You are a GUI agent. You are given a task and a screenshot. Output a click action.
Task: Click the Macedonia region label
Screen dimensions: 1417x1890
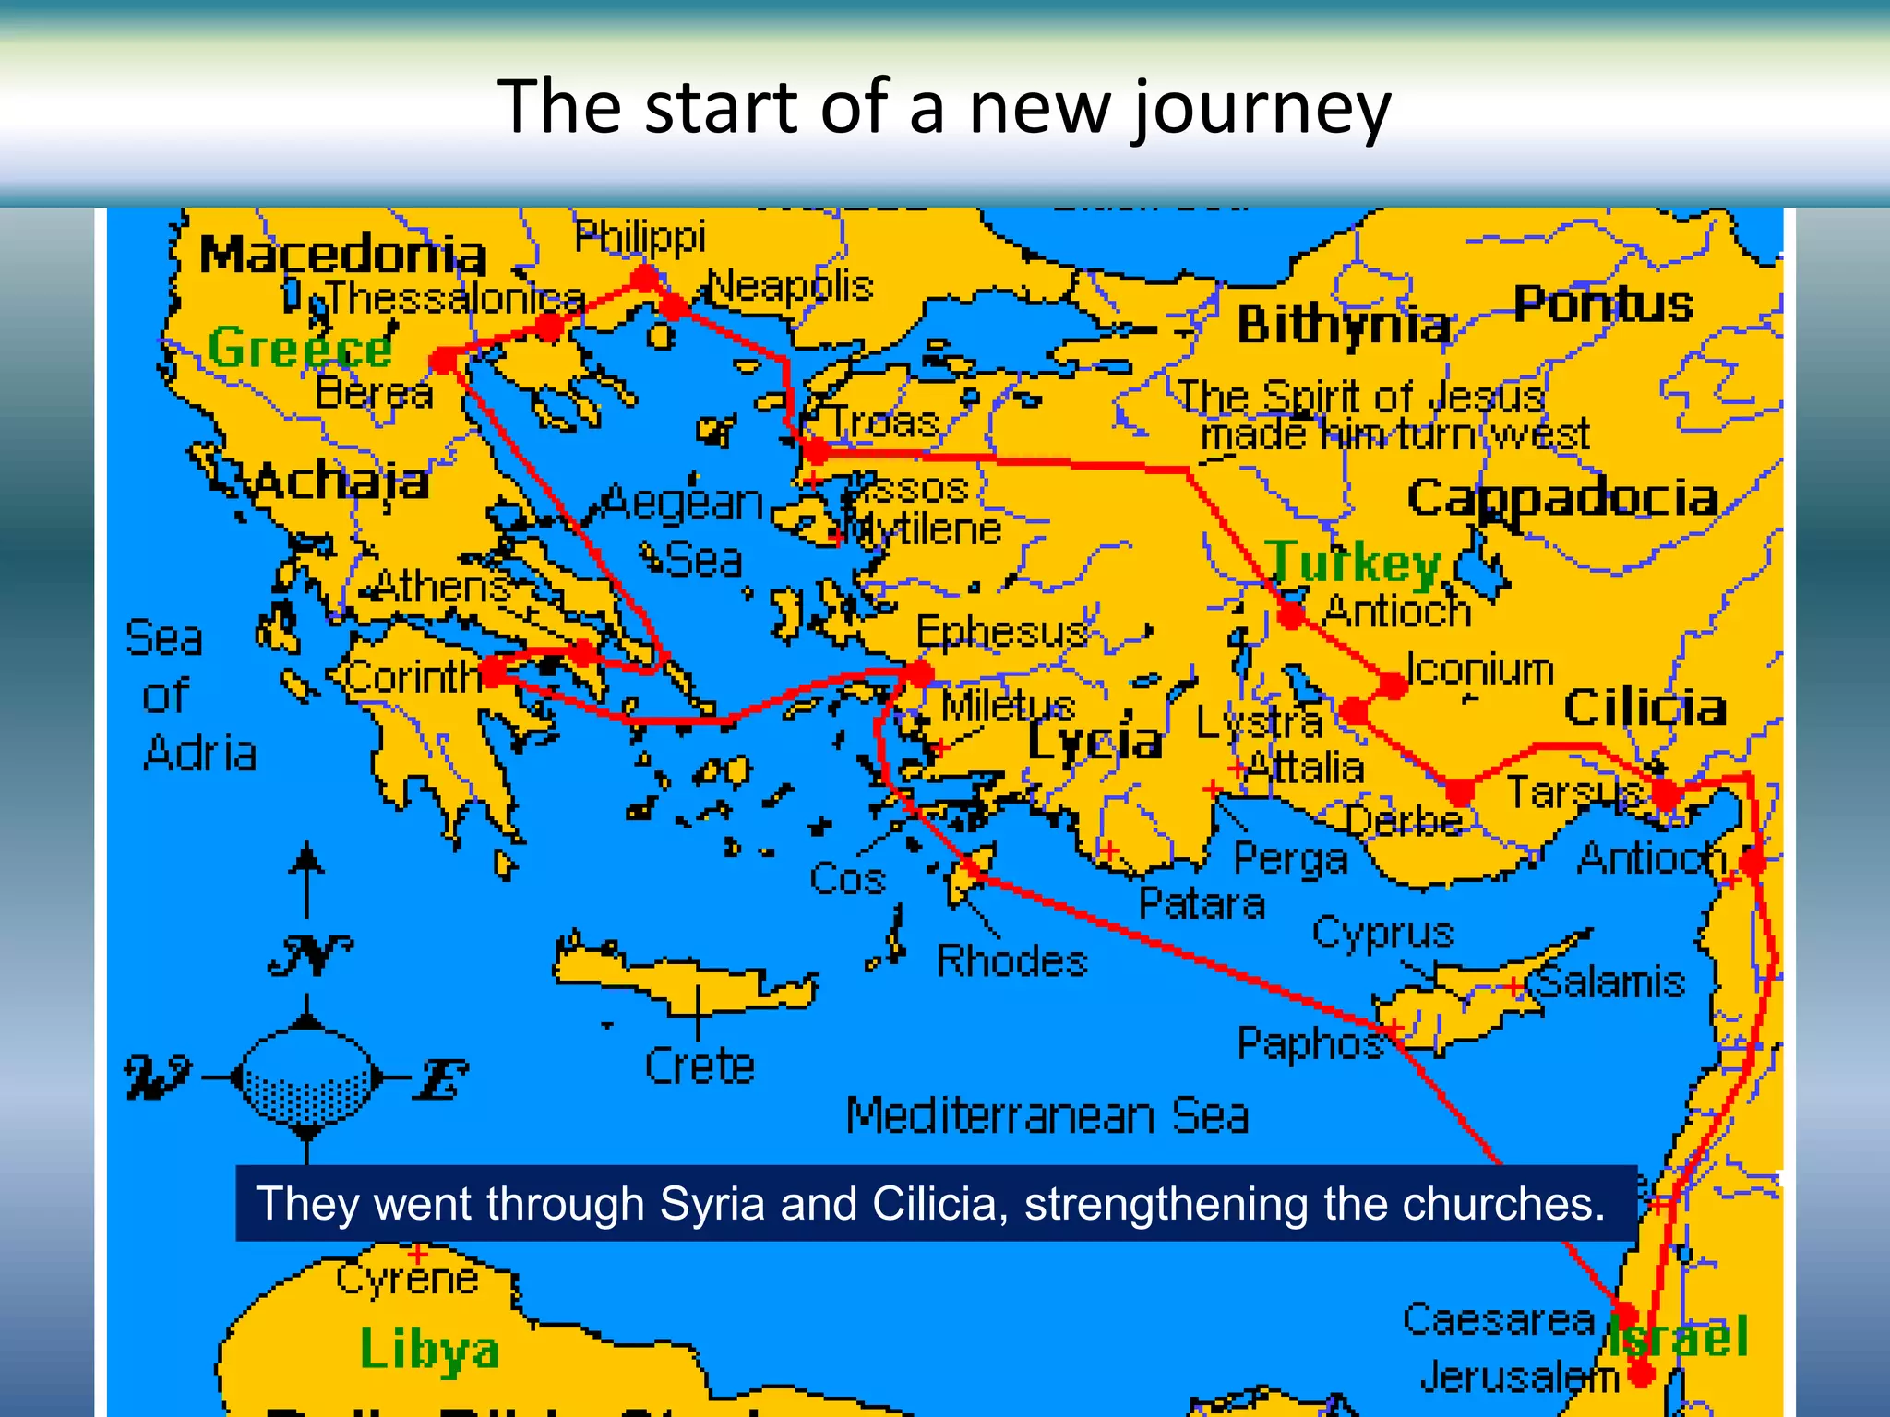tap(342, 255)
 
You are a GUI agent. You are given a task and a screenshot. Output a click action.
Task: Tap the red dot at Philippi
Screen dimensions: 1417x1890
tap(645, 276)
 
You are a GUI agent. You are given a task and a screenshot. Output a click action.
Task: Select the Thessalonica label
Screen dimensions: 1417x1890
tap(456, 298)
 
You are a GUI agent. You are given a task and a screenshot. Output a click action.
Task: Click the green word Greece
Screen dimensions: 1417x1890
tap(301, 349)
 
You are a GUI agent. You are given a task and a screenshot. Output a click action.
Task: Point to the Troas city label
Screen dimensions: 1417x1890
tap(884, 423)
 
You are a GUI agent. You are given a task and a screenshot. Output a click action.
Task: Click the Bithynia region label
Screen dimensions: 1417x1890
tap(1344, 325)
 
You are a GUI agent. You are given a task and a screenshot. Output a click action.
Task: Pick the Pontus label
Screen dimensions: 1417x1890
tap(1604, 304)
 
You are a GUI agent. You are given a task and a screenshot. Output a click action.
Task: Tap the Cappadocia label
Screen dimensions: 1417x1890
tap(1562, 498)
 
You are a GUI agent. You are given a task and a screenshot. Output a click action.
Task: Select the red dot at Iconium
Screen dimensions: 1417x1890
tap(1393, 685)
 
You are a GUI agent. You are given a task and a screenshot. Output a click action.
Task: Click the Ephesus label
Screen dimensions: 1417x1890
tap(1002, 632)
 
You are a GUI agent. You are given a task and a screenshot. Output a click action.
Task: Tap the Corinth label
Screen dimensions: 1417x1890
tap(413, 678)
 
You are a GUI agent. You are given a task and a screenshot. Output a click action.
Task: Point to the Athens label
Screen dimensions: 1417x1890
tap(442, 586)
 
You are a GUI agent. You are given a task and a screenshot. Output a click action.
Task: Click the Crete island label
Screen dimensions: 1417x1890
tap(700, 1066)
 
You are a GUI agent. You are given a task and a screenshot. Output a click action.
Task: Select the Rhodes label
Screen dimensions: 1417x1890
tap(1012, 961)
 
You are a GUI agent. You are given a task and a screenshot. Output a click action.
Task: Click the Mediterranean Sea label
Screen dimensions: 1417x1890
tap(1047, 1115)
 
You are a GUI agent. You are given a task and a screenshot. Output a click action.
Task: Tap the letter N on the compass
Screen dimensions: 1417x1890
tap(311, 956)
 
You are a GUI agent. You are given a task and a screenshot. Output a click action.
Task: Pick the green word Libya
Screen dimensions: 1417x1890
tap(430, 1350)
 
